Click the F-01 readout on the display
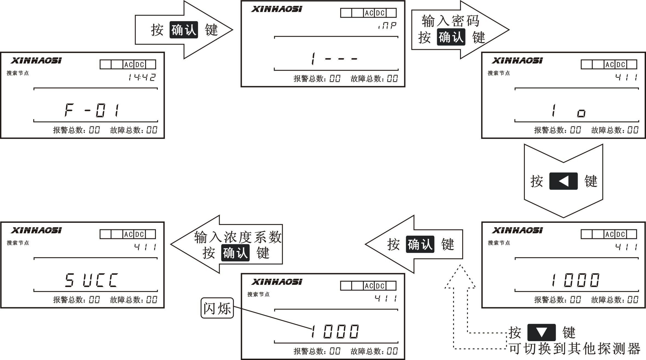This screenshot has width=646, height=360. pos(92,110)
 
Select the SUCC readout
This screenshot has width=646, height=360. pos(92,280)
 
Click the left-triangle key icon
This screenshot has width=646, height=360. pos(563,181)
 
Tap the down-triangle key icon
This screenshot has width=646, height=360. pos(542,332)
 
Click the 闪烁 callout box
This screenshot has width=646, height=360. pos(217,308)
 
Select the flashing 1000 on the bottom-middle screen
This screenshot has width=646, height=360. pos(334,331)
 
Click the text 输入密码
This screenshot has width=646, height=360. pos(450,21)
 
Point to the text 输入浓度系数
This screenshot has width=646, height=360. pos(238,237)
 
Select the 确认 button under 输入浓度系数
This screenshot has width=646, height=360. pos(235,253)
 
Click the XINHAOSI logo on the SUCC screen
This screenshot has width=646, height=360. pos(36,230)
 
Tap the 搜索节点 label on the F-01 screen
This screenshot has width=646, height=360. pos(18,73)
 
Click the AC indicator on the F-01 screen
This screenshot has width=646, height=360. pos(128,65)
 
